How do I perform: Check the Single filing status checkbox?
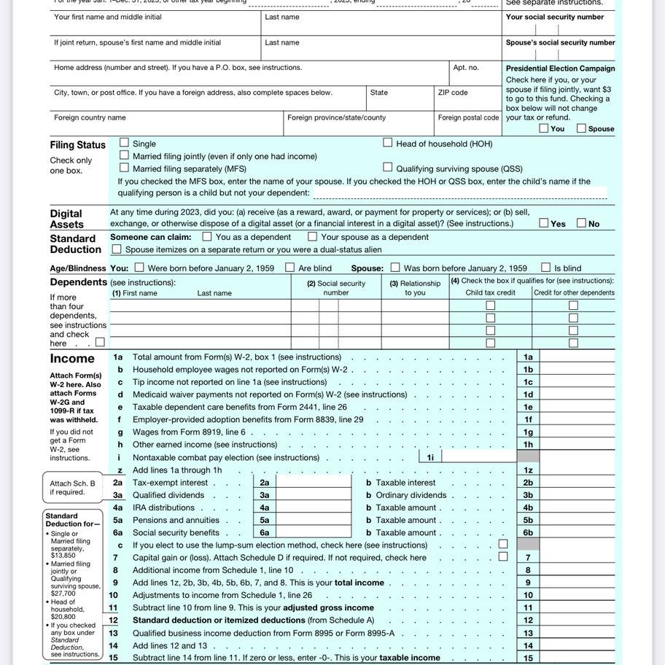click(125, 144)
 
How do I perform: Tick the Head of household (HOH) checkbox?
click(388, 144)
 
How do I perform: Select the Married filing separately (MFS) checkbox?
click(125, 168)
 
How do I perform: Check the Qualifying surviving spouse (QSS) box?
click(388, 168)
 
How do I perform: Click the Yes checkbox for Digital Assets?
click(544, 223)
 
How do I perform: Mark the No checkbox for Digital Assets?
click(582, 223)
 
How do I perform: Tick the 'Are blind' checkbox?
click(290, 268)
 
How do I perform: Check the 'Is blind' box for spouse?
click(546, 268)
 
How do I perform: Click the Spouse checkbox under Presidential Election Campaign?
click(581, 128)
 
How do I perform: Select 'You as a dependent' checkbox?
click(207, 236)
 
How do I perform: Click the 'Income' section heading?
click(72, 359)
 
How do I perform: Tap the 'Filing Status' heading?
click(77, 145)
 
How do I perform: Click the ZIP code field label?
click(453, 93)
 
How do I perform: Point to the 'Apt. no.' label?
click(466, 68)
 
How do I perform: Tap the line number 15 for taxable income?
click(113, 658)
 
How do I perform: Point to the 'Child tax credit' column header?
click(490, 293)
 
